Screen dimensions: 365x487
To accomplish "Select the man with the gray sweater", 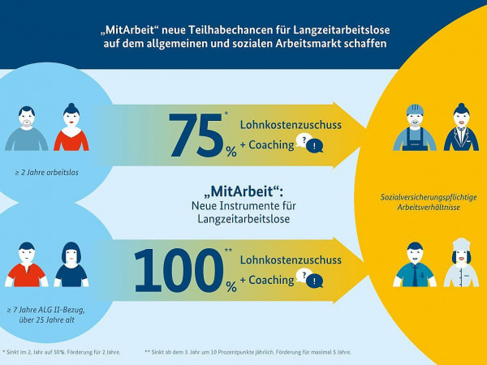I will tap(28, 129).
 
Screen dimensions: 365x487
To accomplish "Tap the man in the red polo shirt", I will tap(27, 265).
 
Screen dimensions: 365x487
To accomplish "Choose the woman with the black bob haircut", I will tap(71, 264).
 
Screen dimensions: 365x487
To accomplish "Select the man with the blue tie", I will tap(415, 265).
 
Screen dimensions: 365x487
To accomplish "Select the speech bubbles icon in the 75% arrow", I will tap(311, 144).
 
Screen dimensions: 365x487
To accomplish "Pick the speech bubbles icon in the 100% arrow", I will tap(311, 280).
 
